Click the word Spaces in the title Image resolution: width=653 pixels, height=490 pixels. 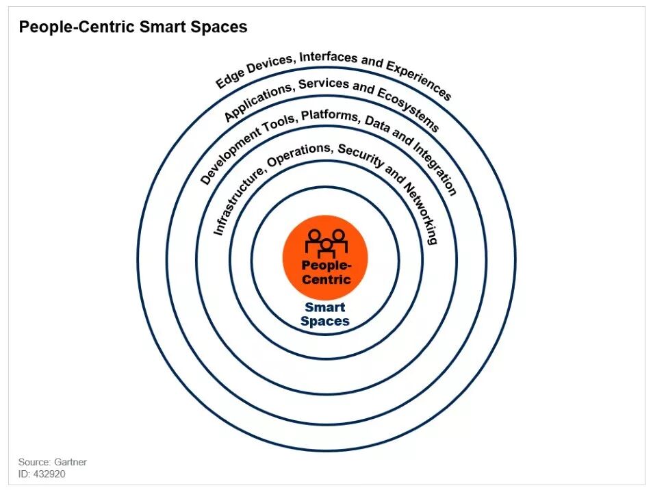click(x=219, y=27)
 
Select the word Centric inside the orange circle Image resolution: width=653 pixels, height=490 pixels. click(x=326, y=279)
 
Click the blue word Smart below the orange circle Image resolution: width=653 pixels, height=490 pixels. click(x=325, y=307)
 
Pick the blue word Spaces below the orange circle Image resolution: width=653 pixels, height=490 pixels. click(x=325, y=321)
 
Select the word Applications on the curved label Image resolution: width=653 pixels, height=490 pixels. click(x=249, y=102)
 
